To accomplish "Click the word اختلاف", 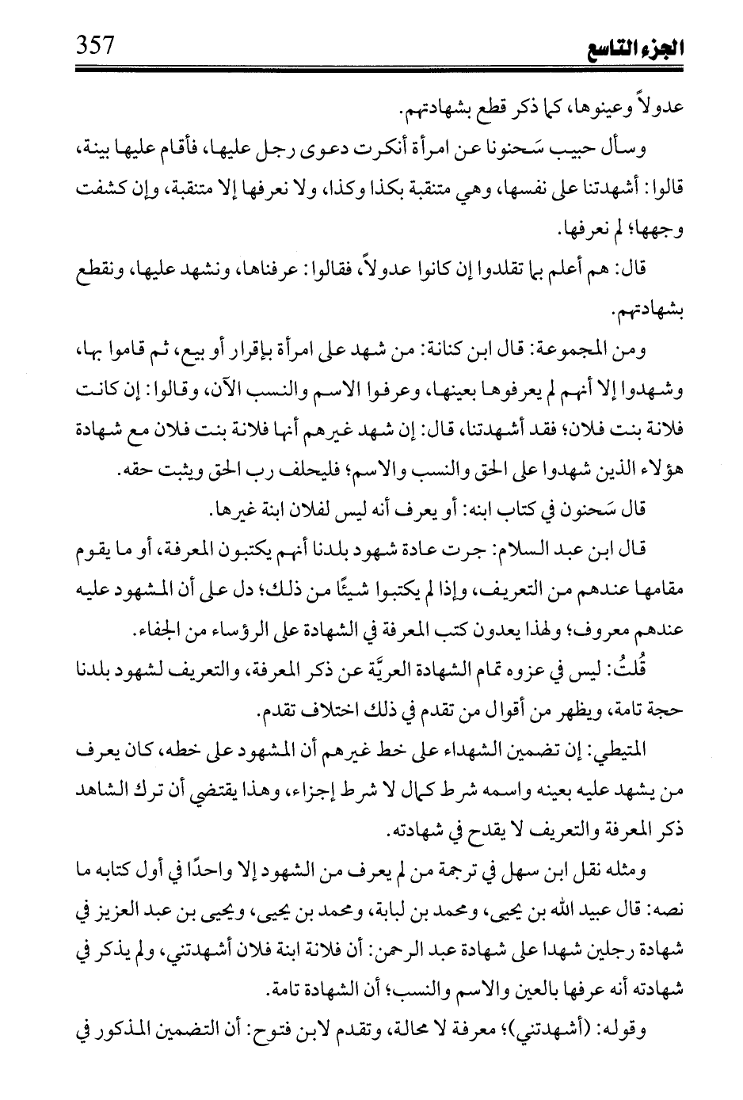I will click(323, 711).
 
